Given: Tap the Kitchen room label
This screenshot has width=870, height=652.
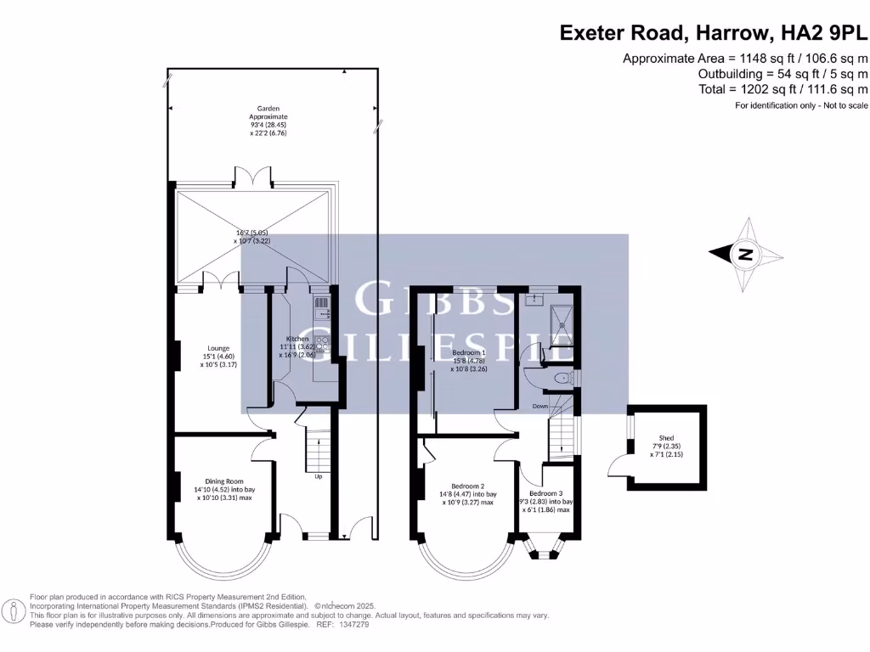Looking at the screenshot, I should click(x=297, y=339).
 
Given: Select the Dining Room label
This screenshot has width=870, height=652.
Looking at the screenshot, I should click(x=223, y=481).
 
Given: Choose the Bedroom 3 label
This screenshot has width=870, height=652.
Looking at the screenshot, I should click(x=545, y=492).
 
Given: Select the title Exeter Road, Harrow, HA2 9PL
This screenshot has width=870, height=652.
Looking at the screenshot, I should click(x=714, y=33).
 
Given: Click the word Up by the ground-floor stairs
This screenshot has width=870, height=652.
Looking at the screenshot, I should click(x=319, y=476).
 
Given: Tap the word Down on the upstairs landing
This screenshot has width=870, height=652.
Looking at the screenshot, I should click(x=540, y=407).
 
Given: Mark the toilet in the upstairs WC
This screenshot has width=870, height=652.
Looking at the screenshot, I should click(x=562, y=378).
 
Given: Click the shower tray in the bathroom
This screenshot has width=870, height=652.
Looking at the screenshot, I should click(x=559, y=323).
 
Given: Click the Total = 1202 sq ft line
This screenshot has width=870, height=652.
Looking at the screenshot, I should click(x=782, y=89).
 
